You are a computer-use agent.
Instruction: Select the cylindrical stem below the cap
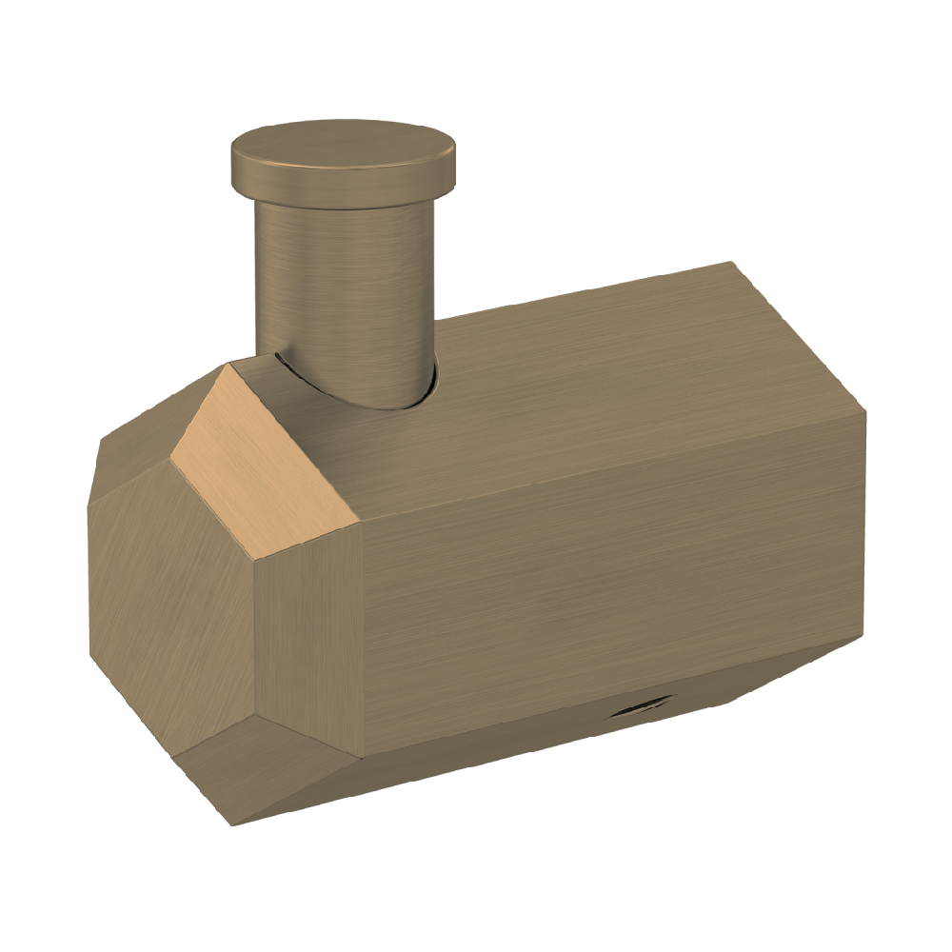(x=343, y=286)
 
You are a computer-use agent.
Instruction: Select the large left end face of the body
(x=171, y=609)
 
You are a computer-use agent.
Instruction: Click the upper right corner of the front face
(x=864, y=412)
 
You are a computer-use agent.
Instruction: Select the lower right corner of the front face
(x=863, y=636)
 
